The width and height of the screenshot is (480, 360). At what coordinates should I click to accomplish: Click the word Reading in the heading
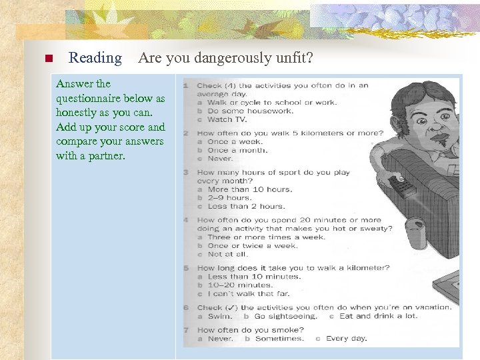pos(95,59)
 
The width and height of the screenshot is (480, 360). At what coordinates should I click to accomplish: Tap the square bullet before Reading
pos(47,59)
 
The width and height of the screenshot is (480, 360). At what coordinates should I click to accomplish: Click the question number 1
pos(186,85)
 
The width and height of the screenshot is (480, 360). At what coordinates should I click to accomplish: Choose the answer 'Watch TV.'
pos(229,119)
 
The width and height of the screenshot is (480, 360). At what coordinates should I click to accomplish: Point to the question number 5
pos(186,268)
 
